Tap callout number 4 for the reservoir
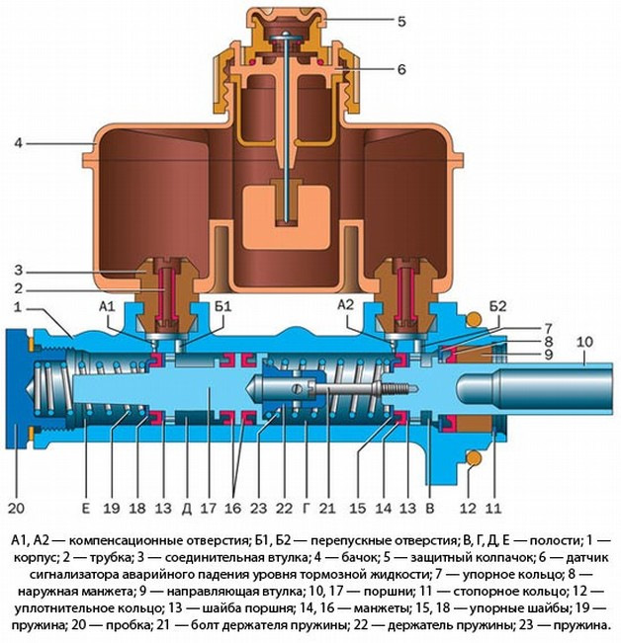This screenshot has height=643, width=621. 19,144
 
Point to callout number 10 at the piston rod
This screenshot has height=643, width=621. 583,342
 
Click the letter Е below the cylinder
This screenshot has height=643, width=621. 86,509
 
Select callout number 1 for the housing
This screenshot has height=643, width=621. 19,308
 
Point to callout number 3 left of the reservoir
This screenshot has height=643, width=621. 19,269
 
